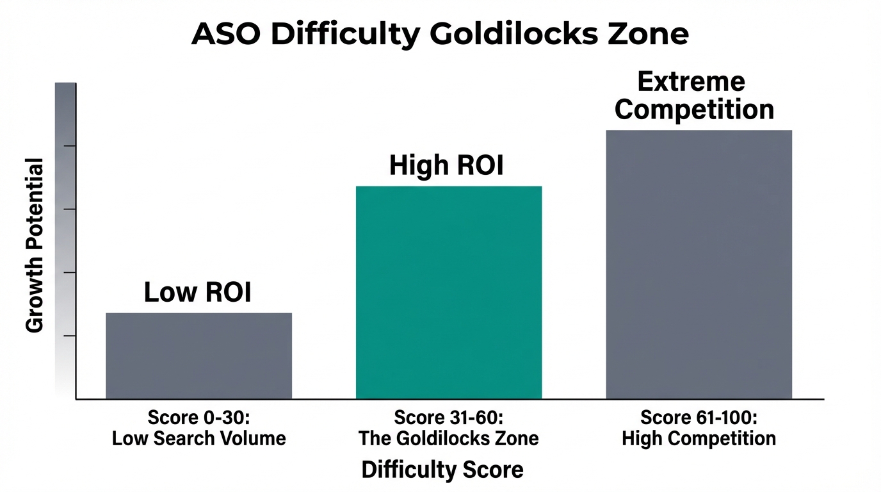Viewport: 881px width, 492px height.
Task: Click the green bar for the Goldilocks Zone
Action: [449, 293]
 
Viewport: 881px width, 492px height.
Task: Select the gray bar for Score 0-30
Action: [198, 356]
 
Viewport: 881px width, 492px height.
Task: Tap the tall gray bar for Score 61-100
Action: [699, 264]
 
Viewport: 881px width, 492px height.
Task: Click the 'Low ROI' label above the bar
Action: [197, 292]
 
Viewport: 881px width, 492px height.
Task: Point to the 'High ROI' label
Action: [446, 165]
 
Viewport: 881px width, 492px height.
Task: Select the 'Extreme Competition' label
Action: [694, 95]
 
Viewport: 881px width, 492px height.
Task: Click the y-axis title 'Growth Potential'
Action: [35, 245]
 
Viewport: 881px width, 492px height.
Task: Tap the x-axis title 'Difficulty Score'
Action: [442, 470]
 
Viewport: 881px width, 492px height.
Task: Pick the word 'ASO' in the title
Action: [226, 34]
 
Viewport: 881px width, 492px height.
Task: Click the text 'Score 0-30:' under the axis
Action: [198, 418]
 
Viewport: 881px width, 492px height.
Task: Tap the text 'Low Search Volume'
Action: [198, 439]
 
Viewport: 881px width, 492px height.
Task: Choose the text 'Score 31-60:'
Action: [448, 418]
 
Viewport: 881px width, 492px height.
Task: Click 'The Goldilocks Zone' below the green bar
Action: [448, 439]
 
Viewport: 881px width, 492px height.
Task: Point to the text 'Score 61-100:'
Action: [699, 418]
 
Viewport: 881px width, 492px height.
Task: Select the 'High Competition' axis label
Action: [699, 439]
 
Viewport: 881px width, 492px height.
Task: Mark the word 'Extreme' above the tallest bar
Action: [691, 82]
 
